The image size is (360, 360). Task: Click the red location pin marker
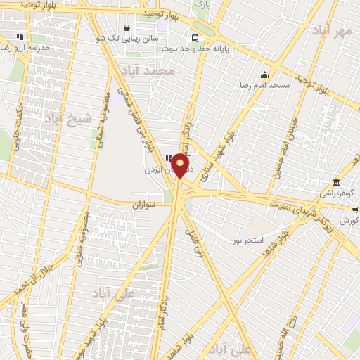pyautogui.click(x=181, y=166)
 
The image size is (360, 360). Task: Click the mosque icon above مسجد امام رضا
pyautogui.click(x=264, y=75)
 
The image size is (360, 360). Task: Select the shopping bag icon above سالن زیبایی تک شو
pyautogui.click(x=126, y=28)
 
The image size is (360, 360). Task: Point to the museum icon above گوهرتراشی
pyautogui.click(x=337, y=182)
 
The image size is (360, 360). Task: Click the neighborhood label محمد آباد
pyautogui.click(x=146, y=72)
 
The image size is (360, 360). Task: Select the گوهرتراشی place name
pyautogui.click(x=338, y=192)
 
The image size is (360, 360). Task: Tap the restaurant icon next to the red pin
pyautogui.click(x=169, y=157)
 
